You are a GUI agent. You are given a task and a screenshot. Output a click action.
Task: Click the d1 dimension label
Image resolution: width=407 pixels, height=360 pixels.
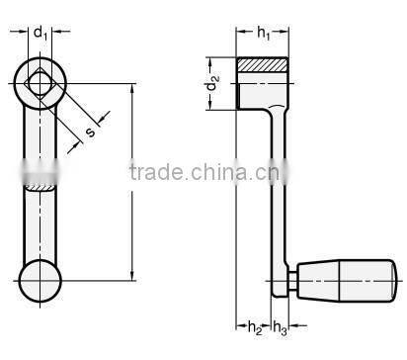pos(41,34)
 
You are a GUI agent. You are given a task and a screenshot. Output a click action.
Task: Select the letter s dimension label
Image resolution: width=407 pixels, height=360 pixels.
pos(90,132)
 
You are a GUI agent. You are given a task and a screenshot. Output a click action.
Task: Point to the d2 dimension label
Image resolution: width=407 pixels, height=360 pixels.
pos(212,83)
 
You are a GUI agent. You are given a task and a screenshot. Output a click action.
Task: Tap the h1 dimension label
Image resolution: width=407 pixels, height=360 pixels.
pos(264,33)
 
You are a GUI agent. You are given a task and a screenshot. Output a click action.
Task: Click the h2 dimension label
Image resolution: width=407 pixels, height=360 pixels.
pos(255,327)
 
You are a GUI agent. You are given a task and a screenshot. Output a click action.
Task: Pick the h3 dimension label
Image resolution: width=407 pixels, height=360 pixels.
pos(280,328)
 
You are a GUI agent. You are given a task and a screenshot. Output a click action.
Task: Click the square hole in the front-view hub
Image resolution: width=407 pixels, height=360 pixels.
pos(41,83)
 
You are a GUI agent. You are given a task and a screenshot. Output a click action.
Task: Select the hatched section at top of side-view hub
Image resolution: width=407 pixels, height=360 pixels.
pos(263,65)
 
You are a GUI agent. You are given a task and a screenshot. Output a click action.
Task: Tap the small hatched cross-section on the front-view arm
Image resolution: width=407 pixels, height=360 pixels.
pos(40,188)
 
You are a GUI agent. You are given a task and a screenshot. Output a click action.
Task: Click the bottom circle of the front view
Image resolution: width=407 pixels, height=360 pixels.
pos(40,281)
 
